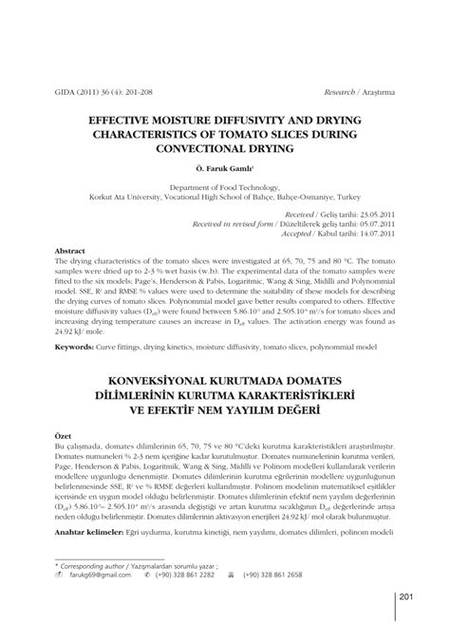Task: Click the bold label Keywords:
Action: point(79,348)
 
